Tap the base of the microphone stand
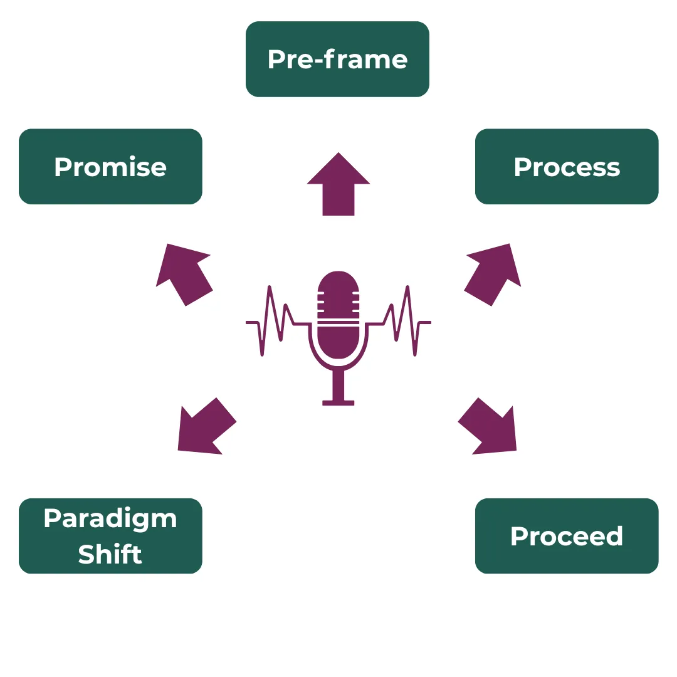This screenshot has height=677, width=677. pos(338,402)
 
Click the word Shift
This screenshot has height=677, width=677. pos(110,554)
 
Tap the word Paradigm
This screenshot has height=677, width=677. pos(110,519)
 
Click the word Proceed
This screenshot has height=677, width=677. pos(567,537)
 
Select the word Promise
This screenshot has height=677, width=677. pos(110,167)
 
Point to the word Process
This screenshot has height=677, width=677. pos(567,167)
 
